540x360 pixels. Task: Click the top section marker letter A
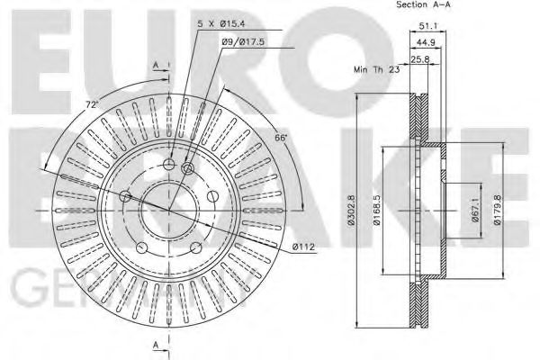(156, 64)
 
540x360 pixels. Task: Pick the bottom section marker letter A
(156, 344)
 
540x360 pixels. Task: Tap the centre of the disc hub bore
(168, 209)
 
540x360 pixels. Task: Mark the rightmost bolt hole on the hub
(213, 196)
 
